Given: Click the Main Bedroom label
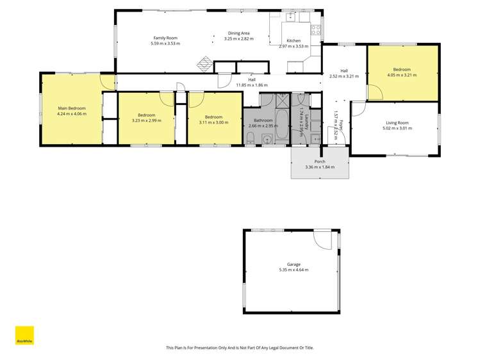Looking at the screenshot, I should tap(72, 108).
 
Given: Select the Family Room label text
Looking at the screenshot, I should tap(165, 38).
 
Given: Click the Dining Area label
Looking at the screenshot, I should tap(238, 33).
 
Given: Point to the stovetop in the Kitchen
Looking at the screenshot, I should tap(316, 29).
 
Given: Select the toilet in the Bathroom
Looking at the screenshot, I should tap(251, 140).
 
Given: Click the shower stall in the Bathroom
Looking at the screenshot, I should tap(283, 99).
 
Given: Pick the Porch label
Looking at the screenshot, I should tap(319, 161).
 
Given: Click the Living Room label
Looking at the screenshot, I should tap(397, 122).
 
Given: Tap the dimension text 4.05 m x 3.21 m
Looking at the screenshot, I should tap(402, 75).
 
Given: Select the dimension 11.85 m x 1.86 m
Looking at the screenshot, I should tap(252, 85).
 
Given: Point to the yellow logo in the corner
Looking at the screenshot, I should tap(24, 336).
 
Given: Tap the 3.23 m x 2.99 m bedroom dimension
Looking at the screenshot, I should tap(146, 120).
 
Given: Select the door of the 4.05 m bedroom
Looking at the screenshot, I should tap(374, 93).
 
